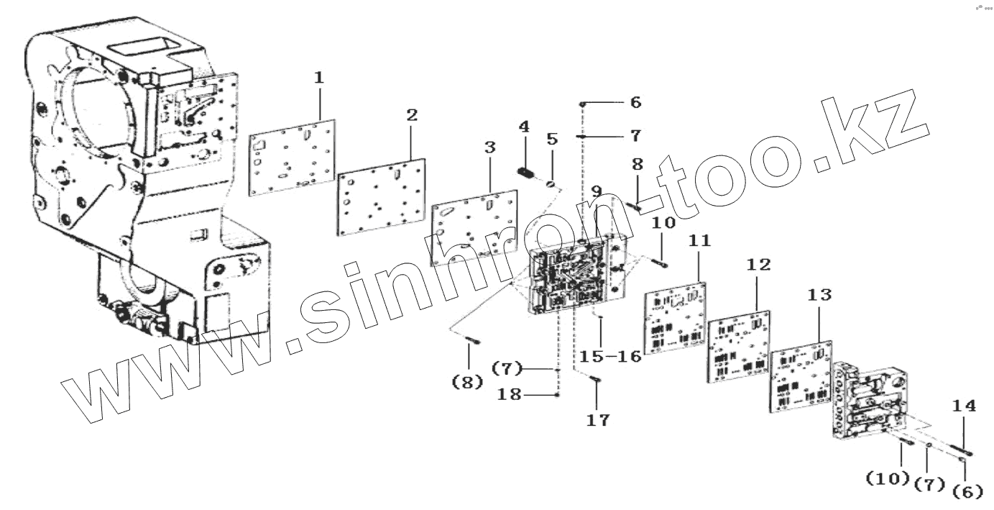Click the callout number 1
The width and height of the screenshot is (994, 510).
319,77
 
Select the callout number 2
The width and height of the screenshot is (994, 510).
411,115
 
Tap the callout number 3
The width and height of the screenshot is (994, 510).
490,147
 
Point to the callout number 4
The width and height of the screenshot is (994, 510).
524,127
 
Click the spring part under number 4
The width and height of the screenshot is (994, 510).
525,173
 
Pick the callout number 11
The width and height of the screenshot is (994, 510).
699,242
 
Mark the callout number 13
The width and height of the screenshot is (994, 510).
819,294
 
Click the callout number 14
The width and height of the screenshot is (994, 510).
964,406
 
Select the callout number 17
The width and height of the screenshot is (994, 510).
597,421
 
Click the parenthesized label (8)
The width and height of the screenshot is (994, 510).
467,383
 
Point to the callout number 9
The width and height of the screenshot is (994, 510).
597,192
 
